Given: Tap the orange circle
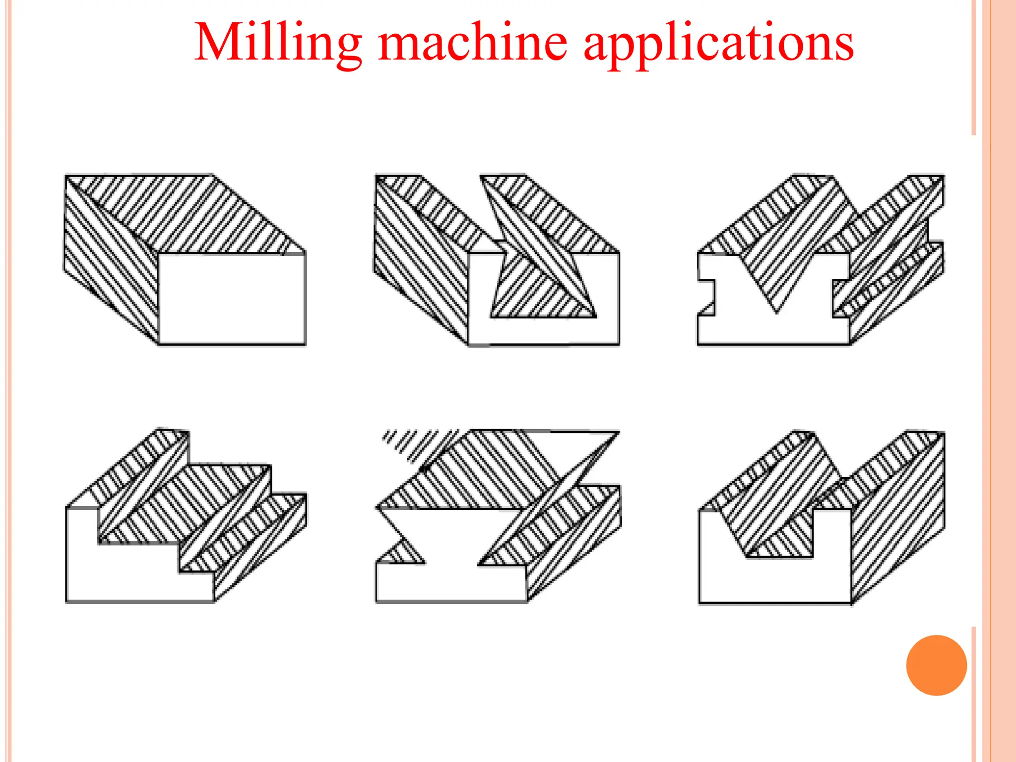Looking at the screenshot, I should pyautogui.click(x=936, y=665).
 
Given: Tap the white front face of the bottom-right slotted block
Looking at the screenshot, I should pyautogui.click(x=774, y=580).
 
